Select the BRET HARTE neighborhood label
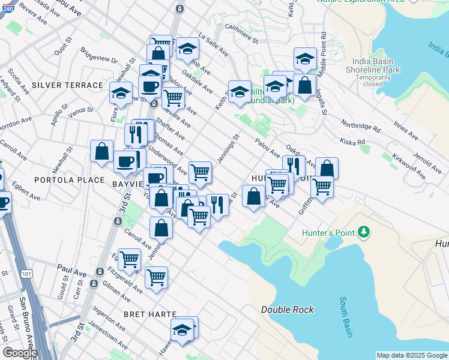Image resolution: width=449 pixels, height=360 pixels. (150, 314)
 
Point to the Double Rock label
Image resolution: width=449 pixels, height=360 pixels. (287, 310)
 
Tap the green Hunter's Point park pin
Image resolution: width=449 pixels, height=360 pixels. (363, 232)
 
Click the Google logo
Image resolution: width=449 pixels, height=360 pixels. (20, 352)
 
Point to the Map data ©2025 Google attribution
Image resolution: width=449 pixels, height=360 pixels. (411, 355)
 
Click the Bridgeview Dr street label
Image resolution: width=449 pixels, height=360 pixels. (98, 58)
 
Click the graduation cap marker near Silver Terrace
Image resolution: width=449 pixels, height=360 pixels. (121, 93)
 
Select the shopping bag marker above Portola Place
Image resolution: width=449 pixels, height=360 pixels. (101, 151)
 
